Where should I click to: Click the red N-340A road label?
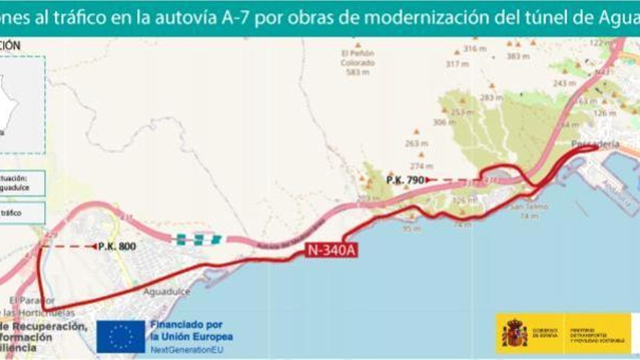(331, 250)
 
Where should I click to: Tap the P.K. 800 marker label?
(117, 246)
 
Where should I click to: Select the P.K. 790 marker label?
(405, 180)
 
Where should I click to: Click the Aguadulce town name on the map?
(166, 292)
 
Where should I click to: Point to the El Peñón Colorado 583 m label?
(358, 63)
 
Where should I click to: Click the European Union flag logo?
(120, 336)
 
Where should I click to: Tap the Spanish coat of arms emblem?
(514, 333)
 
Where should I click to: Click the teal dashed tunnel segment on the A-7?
(198, 240)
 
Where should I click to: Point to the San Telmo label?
(529, 207)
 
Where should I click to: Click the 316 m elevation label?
(475, 49)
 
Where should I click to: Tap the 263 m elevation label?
(416, 143)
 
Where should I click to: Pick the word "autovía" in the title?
(186, 18)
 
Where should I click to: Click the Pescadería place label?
(595, 144)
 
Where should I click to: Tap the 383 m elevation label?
(518, 56)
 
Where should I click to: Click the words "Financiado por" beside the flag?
(186, 325)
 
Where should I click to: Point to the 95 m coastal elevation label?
(412, 229)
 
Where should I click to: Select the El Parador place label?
(32, 300)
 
